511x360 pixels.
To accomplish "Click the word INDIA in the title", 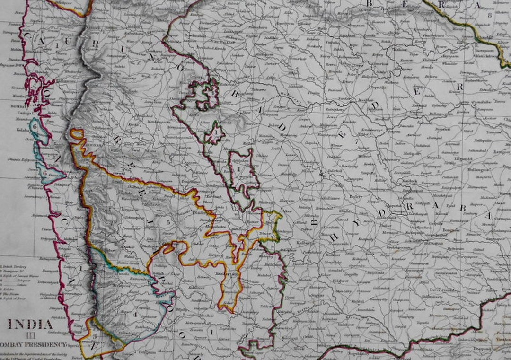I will coord(30,325).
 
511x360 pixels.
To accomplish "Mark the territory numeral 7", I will coord(356,140).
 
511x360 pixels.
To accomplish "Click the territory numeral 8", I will coord(490,15).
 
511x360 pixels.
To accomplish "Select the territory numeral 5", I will coord(167,222).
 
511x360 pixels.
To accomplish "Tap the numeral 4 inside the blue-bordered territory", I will coord(134,314).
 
